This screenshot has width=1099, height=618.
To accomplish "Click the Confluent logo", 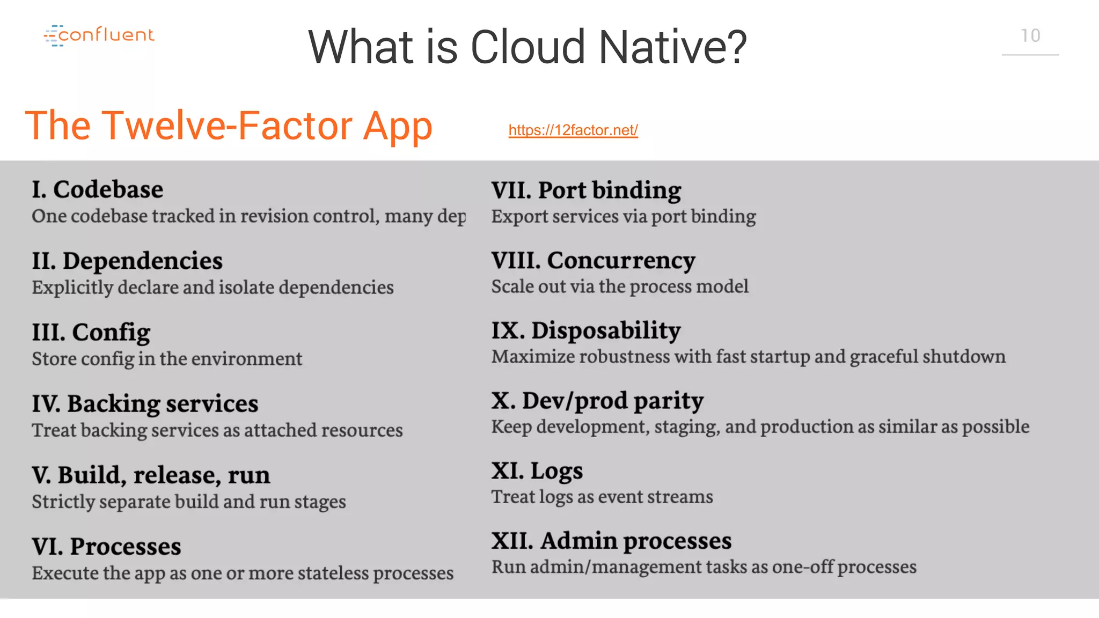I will coord(99,35).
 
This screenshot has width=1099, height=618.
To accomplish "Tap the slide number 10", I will coord(1030,36).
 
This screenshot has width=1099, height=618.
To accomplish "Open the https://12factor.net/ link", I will coord(573,130).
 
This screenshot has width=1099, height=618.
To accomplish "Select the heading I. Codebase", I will coord(97,190).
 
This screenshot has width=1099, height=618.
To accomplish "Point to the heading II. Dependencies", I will coord(127,261).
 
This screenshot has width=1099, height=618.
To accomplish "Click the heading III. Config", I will coord(91,333).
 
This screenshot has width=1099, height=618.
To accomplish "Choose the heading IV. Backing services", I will coord(145,404).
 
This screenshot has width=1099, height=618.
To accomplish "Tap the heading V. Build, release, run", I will coord(151,475).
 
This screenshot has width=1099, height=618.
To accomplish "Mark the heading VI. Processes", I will coord(106,547).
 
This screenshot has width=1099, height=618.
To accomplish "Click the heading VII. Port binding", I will coord(586,190).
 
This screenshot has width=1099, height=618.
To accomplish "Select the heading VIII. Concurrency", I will coord(593,261).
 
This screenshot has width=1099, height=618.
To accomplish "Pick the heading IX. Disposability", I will coord(586,330).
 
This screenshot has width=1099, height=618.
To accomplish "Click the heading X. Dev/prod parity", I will coord(597,401).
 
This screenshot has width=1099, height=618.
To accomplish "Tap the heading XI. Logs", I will coord(537,471).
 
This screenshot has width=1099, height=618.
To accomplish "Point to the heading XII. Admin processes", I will coord(611,541).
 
